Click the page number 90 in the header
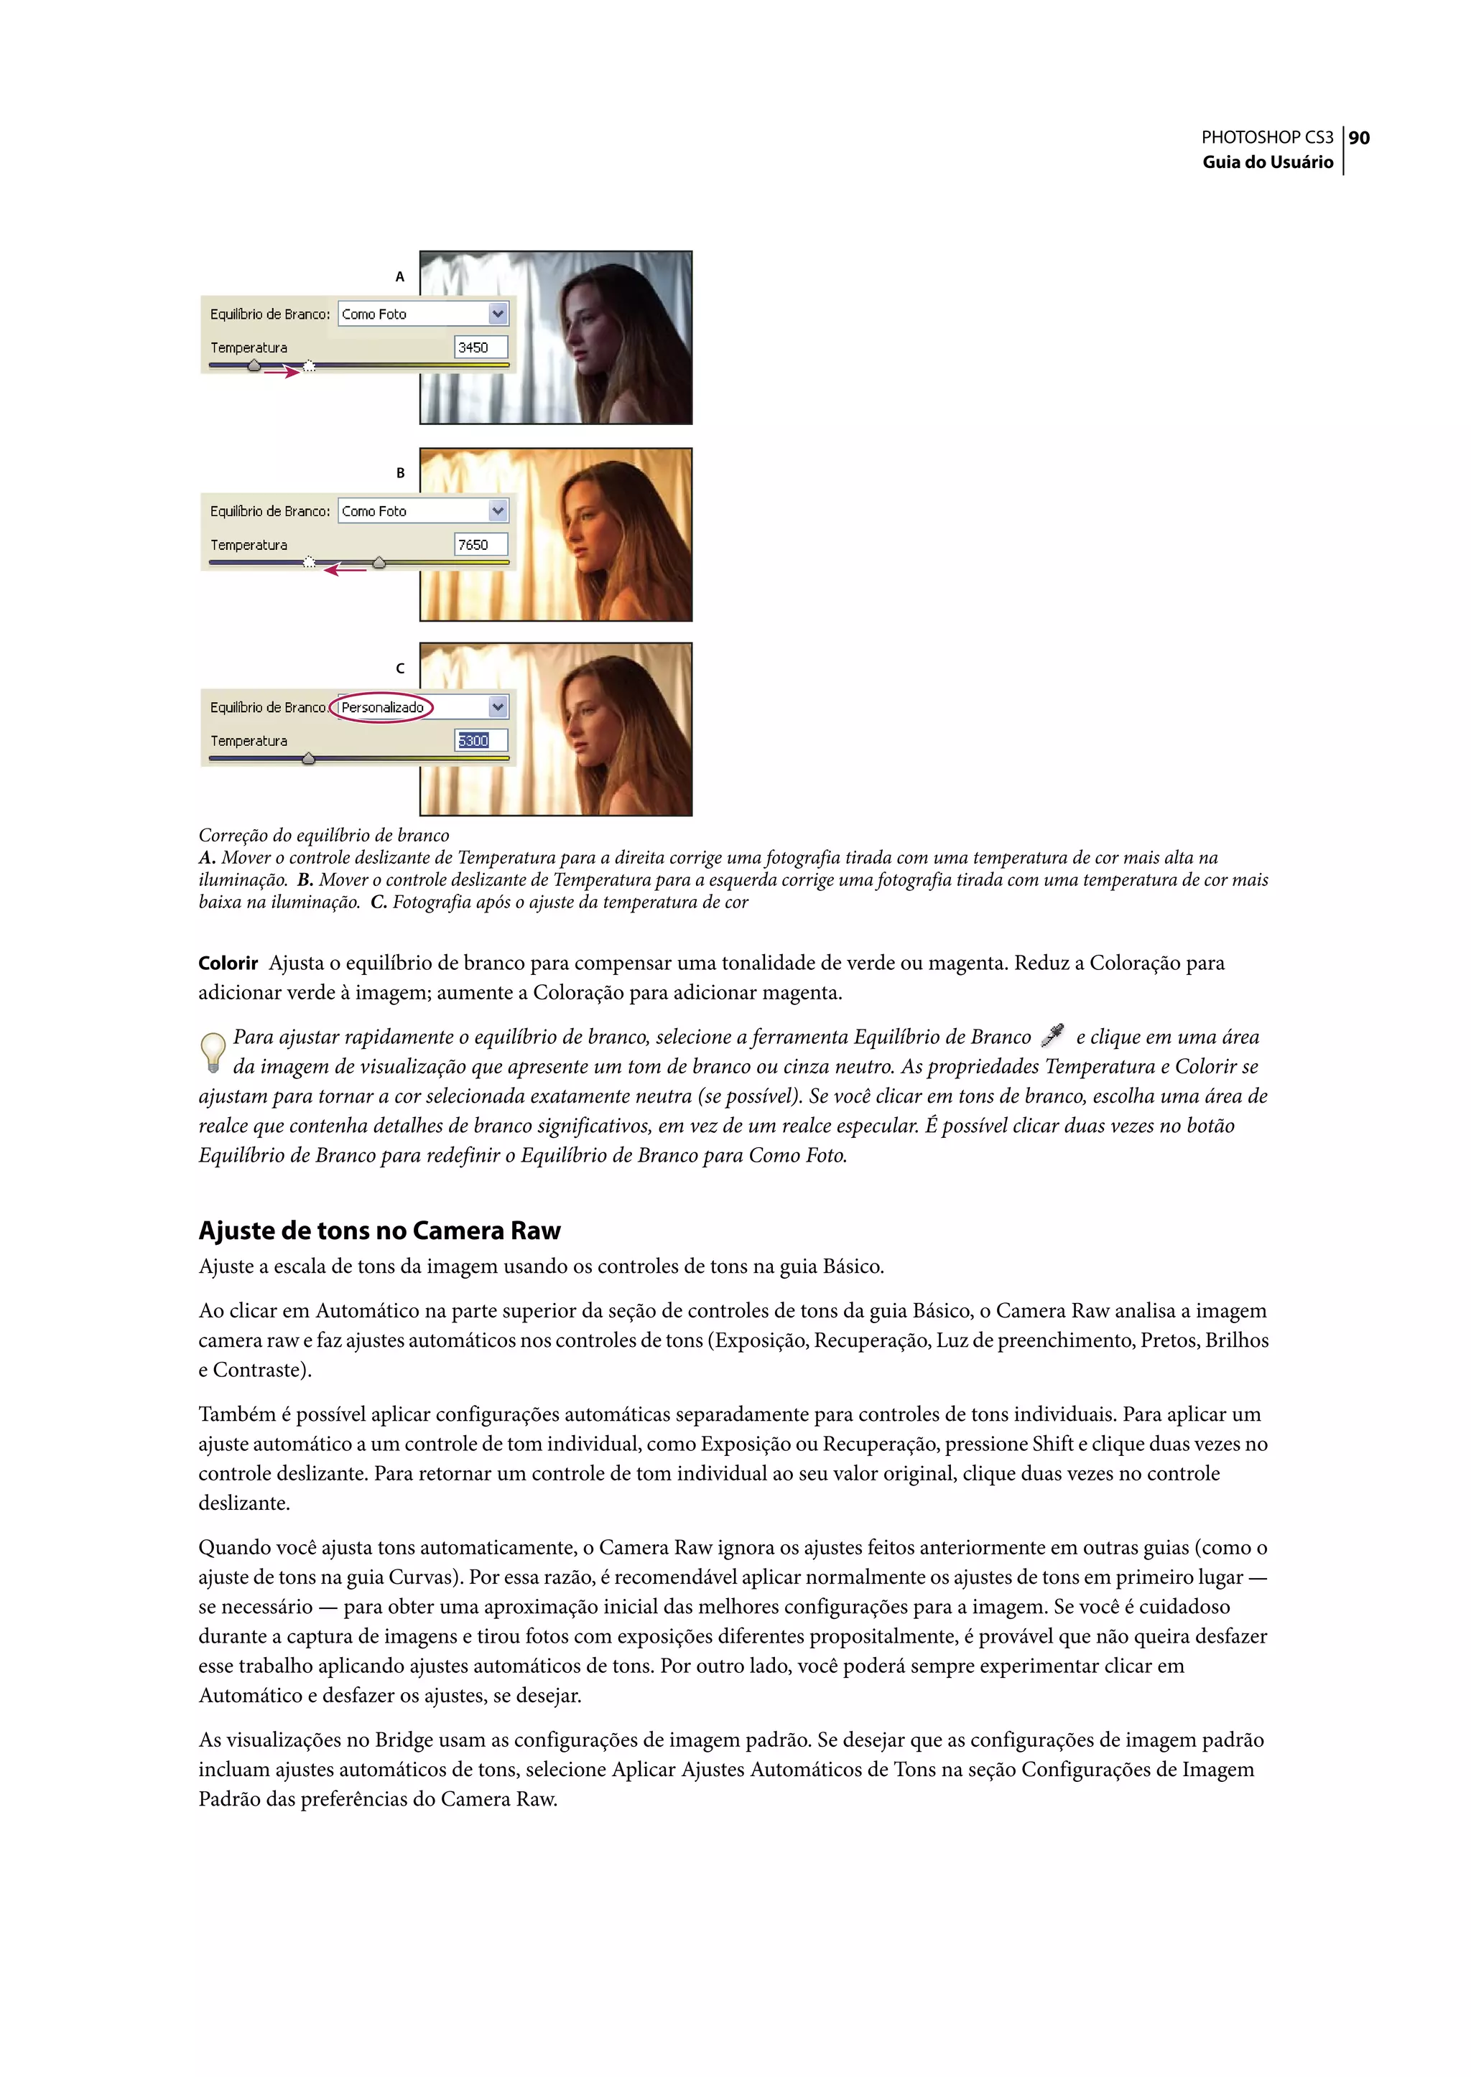click(x=1359, y=138)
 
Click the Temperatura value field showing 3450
click(x=480, y=347)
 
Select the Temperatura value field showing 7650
click(x=480, y=545)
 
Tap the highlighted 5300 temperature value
click(x=473, y=741)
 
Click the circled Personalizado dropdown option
click(x=382, y=707)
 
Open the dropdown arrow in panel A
click(x=497, y=314)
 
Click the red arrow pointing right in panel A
click(x=282, y=371)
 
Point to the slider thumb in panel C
click(x=309, y=758)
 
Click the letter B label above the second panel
click(x=400, y=472)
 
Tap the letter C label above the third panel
click(x=400, y=668)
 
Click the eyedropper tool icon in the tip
click(x=1052, y=1035)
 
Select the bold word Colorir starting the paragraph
click(x=228, y=963)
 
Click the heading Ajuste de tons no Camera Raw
click(x=379, y=1231)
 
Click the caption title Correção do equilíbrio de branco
click(x=323, y=835)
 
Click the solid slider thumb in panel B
click(x=379, y=562)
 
